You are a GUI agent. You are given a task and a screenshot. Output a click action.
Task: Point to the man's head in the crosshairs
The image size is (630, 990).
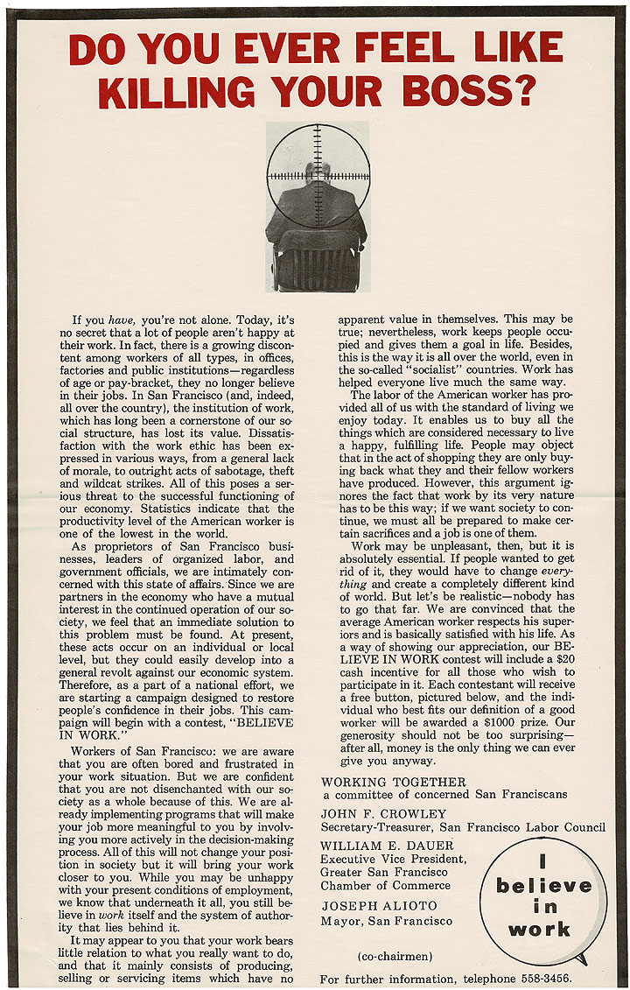point(317,172)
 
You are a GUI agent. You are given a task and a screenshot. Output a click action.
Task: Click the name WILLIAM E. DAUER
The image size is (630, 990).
point(388,846)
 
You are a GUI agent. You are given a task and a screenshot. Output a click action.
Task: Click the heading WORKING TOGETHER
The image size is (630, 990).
point(394,781)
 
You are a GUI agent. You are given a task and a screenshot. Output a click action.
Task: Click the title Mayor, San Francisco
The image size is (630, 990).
point(387,921)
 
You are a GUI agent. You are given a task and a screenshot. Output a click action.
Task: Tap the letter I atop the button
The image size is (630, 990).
point(542,860)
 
